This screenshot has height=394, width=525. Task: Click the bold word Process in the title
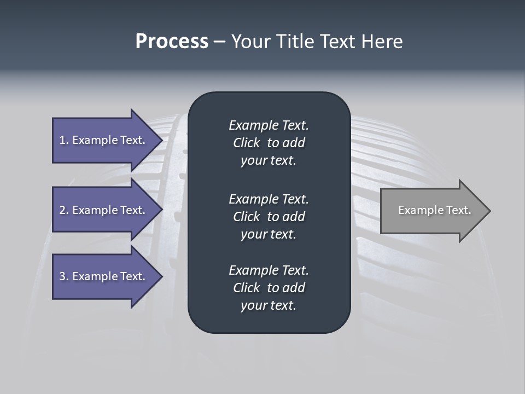tap(172, 42)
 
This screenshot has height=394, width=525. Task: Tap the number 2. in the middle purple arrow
tap(64, 210)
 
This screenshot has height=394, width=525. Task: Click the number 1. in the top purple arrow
tap(64, 140)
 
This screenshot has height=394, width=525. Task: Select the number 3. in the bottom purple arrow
tap(64, 276)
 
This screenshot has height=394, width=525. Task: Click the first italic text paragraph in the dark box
tap(269, 143)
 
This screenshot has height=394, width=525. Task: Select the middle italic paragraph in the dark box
tap(269, 217)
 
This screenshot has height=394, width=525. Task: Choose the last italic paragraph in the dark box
tap(269, 288)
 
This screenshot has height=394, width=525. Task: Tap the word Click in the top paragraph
tap(247, 143)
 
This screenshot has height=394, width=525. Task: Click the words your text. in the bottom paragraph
tap(269, 305)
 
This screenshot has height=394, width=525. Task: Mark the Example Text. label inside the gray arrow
tap(435, 210)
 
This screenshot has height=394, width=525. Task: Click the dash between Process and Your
tap(219, 42)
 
